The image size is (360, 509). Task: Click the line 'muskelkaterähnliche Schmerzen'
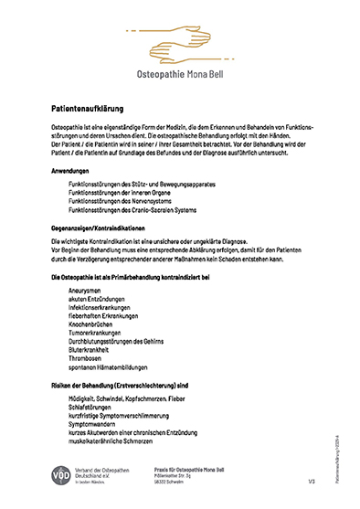[x=115, y=440]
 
